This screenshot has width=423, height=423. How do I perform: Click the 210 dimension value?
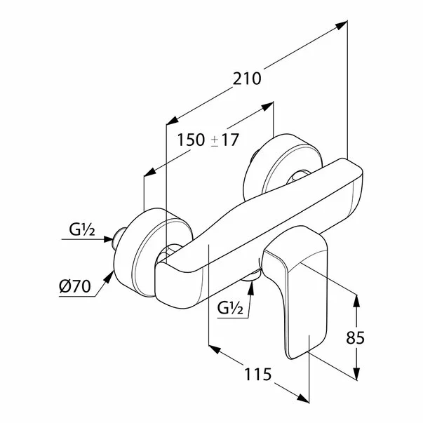pos(247,79)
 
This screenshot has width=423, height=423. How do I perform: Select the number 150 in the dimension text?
pos(191,140)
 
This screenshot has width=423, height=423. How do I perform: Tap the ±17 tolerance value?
pos(224,140)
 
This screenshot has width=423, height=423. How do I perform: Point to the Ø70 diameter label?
pos(75,286)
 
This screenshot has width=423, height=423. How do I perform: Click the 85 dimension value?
pos(355,337)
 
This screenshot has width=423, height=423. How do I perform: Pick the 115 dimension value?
pos(257,375)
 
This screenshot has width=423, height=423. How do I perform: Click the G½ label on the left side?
pos(82,230)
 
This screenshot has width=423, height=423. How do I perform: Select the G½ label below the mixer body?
pos(230,308)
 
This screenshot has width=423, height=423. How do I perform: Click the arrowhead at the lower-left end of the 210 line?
pos(173,121)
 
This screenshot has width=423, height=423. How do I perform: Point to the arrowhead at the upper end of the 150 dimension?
pos(267,106)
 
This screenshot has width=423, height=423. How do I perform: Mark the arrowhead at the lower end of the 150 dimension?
pos(149,172)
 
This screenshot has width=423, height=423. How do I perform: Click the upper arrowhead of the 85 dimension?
pos(356,300)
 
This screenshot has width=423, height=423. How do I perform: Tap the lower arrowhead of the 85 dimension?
pos(356,374)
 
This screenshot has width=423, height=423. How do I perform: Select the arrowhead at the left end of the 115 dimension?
pos(215,349)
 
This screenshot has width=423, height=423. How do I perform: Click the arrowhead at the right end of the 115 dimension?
pos(303,398)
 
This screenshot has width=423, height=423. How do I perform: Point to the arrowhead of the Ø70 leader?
pos(109,276)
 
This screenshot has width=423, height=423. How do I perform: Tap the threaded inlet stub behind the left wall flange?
pos(118,238)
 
